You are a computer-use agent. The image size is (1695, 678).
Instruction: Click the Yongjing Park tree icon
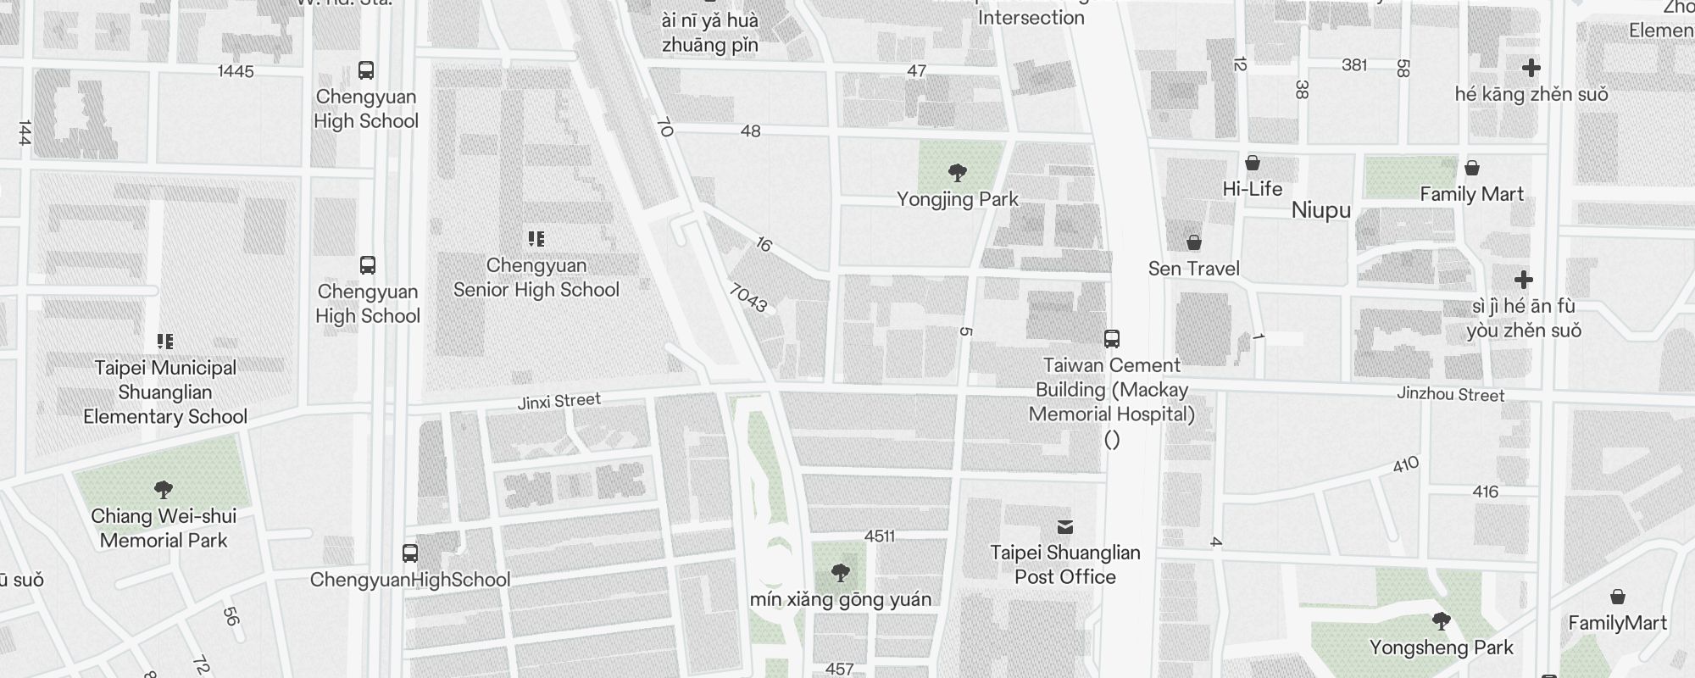click(958, 173)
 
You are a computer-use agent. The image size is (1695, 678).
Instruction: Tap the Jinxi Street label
click(559, 401)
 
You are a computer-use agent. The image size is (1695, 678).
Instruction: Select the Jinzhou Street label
click(1450, 394)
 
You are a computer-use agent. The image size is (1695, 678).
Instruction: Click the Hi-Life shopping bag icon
click(1253, 163)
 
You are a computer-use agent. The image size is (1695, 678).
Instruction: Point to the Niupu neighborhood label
click(1320, 210)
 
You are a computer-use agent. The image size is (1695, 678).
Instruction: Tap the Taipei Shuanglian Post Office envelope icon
click(1065, 527)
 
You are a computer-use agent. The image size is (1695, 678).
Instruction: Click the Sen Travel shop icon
click(1194, 243)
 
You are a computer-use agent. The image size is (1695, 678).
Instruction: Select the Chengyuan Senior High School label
click(536, 278)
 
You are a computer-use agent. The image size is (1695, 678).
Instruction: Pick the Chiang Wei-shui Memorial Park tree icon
click(164, 489)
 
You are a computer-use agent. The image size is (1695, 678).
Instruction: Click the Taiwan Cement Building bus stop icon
click(1112, 339)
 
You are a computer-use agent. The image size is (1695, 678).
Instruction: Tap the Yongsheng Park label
click(1441, 647)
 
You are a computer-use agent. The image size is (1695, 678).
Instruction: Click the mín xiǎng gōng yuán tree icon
click(840, 573)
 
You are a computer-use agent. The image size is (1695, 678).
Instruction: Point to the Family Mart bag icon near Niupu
click(1472, 168)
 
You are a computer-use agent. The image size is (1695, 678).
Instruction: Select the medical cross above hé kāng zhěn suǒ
click(1531, 68)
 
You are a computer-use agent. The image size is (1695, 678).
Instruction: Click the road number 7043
click(747, 297)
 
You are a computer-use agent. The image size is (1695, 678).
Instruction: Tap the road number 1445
click(236, 71)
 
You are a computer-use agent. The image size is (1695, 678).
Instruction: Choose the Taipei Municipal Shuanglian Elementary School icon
click(165, 342)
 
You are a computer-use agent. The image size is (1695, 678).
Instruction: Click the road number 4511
click(879, 536)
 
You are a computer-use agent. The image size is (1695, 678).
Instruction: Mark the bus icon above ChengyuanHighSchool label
click(410, 553)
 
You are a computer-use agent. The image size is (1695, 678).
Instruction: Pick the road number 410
click(1405, 465)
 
